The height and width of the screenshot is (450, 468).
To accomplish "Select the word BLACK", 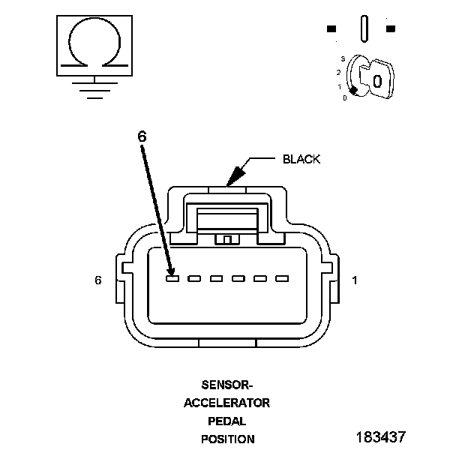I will coord(301,159).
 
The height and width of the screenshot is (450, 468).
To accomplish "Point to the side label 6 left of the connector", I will coord(97,280).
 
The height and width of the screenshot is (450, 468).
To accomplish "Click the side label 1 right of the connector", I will coord(355,280).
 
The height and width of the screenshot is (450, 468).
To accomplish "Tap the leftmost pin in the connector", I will coord(172,279).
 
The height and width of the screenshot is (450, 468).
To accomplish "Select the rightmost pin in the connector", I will coord(282,279).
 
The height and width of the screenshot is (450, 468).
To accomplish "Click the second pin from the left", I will coord(194,279).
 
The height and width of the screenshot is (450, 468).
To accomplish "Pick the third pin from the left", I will coord(217,279).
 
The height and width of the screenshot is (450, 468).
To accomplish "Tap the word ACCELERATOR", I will coord(227,403).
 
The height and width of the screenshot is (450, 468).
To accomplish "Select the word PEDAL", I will coord(227,421).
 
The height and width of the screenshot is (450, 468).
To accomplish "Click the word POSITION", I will coord(227,439).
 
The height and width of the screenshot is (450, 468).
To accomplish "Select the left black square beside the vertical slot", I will coord(331,29).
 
